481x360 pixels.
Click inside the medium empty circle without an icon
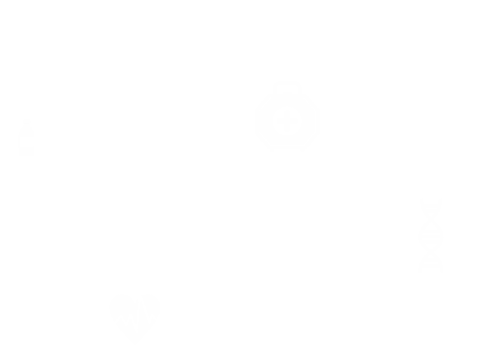coord(142,110)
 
